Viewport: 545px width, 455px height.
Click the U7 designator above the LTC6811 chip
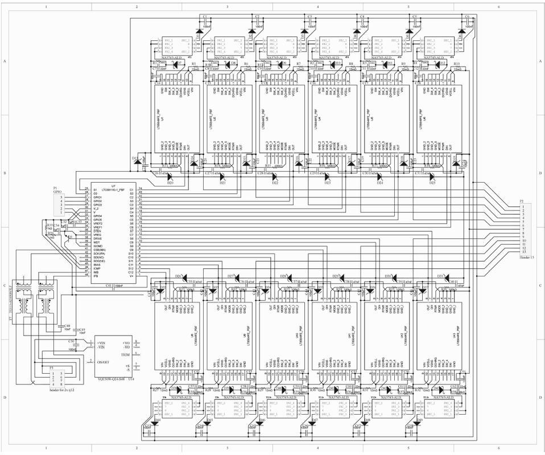click(x=114, y=185)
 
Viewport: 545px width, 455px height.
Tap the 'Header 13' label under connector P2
click(x=527, y=257)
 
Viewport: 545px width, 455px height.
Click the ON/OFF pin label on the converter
click(x=103, y=362)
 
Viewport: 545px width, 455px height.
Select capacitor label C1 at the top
click(x=205, y=17)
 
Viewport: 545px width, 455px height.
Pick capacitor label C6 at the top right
click(x=467, y=17)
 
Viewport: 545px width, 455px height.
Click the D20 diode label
click(x=170, y=183)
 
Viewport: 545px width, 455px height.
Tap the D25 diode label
click(x=432, y=183)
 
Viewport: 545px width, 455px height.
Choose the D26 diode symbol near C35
click(x=179, y=277)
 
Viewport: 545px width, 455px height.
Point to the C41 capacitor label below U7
click(x=108, y=284)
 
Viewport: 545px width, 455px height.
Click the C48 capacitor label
click(x=67, y=326)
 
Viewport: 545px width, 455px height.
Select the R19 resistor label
click(x=49, y=225)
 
